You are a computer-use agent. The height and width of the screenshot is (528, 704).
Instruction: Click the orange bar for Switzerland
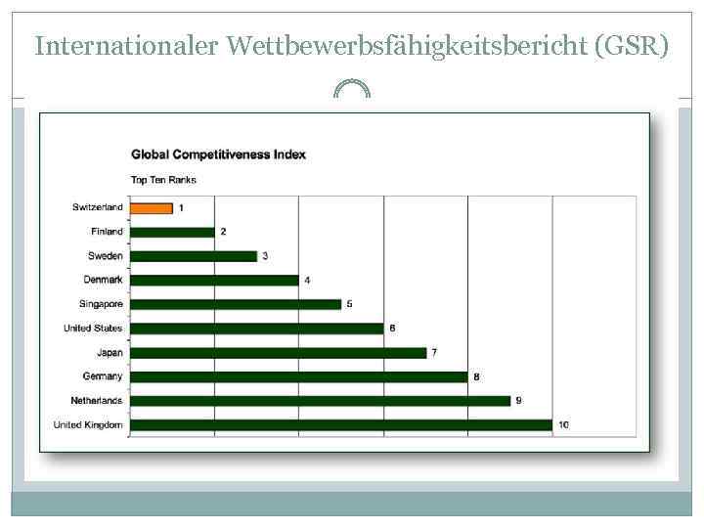151,207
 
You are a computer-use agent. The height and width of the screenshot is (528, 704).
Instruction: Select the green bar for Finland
172,232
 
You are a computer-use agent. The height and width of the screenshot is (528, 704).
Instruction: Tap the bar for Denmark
214,280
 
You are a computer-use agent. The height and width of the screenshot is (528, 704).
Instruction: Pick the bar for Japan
278,352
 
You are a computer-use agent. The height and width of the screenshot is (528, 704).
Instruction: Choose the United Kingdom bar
341,424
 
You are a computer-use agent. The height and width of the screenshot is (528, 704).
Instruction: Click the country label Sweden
106,256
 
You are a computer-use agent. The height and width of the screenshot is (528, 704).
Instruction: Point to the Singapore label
101,304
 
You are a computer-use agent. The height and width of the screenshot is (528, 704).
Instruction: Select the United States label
93,329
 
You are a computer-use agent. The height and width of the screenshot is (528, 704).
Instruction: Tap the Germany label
103,376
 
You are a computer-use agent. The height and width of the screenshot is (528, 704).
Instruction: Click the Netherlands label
97,401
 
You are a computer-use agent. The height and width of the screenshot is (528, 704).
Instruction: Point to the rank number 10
563,424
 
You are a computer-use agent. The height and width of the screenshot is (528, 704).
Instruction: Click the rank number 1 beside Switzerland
181,207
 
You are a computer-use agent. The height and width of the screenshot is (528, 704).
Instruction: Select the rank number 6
392,329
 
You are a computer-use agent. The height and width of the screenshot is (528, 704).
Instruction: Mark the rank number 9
518,401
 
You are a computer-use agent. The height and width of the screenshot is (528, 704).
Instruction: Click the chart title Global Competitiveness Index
218,154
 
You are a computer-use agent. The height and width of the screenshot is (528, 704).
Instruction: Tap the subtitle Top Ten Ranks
163,180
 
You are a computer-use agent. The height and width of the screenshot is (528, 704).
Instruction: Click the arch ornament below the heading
352,89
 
